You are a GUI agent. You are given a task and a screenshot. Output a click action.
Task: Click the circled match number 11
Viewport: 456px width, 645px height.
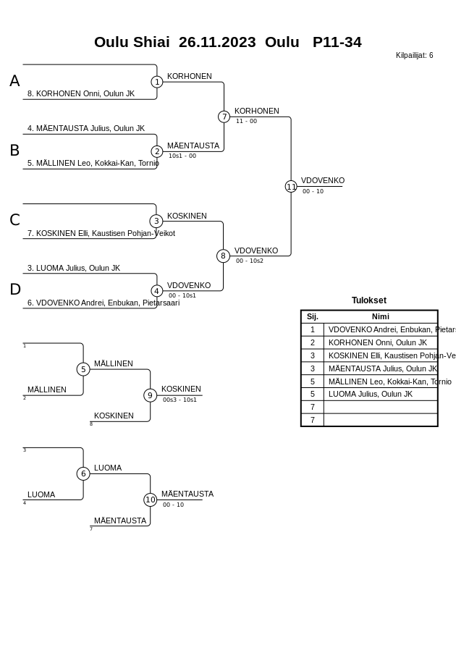point(291,187)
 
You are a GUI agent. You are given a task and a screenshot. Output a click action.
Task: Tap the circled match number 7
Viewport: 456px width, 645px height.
point(224,117)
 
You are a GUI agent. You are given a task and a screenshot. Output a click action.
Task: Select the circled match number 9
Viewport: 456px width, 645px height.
point(150,395)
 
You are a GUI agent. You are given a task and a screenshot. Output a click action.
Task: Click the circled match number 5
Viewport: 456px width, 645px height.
point(83,369)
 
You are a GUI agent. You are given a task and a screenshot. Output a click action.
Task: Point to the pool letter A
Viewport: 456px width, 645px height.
point(14,81)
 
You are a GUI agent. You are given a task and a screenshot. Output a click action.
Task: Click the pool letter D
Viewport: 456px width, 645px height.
point(15,290)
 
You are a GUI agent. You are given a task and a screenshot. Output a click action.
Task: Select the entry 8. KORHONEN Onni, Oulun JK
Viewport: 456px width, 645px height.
point(81,93)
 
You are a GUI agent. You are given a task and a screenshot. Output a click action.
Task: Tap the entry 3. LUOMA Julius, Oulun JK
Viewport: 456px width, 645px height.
point(74,268)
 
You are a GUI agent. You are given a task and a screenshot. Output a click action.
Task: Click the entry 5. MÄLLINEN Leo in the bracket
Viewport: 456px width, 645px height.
point(93,163)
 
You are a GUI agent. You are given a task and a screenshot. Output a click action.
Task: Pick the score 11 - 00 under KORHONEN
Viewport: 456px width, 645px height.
point(246,122)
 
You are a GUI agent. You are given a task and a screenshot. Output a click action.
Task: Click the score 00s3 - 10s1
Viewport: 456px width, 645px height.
point(180,400)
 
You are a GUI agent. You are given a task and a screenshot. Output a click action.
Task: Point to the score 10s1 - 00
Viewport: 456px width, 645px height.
point(182,156)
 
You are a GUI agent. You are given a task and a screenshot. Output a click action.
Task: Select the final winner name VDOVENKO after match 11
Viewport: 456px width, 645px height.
point(323,180)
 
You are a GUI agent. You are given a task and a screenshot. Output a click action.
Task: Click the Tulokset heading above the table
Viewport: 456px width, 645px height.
point(369,300)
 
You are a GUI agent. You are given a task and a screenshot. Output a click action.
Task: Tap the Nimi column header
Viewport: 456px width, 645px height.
point(381,316)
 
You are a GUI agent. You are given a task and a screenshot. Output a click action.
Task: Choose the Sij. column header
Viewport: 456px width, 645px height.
point(313,316)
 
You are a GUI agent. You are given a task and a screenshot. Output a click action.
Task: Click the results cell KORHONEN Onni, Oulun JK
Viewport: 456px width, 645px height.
point(378,342)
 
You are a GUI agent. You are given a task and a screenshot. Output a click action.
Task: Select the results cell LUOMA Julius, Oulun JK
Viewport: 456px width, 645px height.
point(371,394)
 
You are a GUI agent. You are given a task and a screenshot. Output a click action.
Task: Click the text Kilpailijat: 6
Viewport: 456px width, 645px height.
point(414,55)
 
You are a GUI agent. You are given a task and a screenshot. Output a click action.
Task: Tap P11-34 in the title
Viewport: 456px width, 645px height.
point(337,42)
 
